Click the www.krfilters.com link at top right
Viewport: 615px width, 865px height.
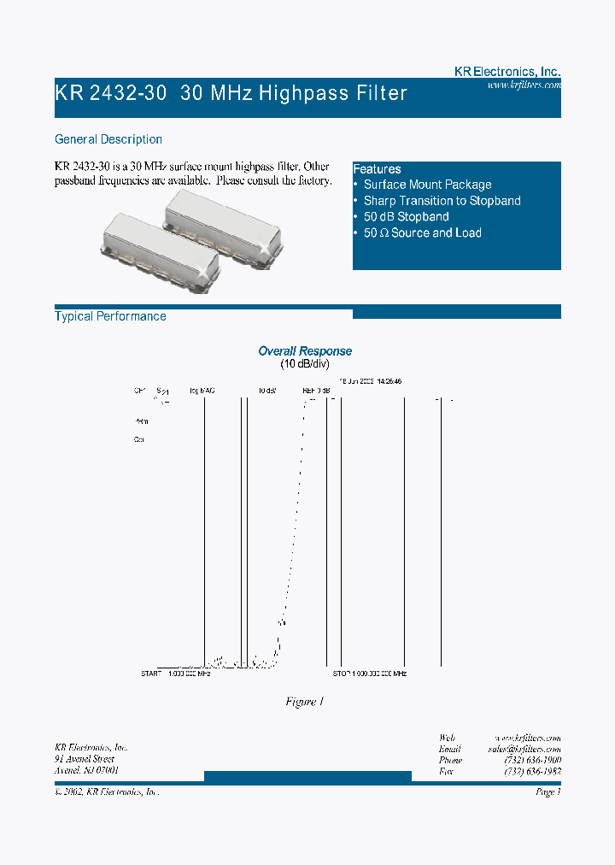524,85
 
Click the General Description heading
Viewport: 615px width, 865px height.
108,139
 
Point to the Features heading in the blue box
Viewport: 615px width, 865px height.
377,169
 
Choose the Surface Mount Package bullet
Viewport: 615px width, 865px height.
427,185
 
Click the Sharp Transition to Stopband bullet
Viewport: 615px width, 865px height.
442,201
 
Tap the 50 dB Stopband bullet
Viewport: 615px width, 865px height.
406,217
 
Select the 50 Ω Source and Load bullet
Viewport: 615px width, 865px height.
422,233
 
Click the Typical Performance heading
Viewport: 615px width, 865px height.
110,316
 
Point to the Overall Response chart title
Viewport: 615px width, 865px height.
305,351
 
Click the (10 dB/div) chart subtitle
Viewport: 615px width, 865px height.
305,364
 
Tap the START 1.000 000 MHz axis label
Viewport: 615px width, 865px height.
175,674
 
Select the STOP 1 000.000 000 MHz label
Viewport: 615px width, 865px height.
369,674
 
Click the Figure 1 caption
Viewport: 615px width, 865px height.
305,702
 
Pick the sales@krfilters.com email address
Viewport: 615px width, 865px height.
524,749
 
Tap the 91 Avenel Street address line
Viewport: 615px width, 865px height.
85,759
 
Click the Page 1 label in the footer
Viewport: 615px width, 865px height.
548,792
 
